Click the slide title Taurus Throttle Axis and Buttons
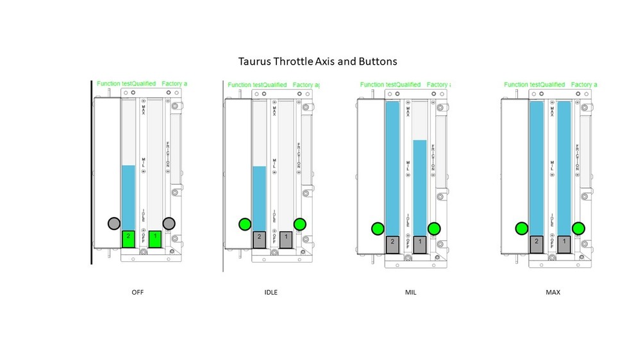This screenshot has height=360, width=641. click(317, 62)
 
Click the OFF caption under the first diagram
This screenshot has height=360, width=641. click(137, 292)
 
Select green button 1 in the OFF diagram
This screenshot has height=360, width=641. click(155, 238)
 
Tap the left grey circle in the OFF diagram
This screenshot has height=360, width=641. click(113, 223)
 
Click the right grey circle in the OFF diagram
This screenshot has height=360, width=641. click(169, 223)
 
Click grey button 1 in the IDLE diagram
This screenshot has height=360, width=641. click(286, 239)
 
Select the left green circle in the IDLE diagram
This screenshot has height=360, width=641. click(244, 224)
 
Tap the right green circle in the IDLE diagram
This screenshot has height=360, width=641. click(299, 224)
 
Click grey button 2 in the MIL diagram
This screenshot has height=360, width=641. click(392, 244)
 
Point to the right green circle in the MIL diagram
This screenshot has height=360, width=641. click(434, 228)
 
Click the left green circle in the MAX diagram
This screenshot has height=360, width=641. click(521, 228)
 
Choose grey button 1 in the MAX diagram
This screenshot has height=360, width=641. click(563, 244)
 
